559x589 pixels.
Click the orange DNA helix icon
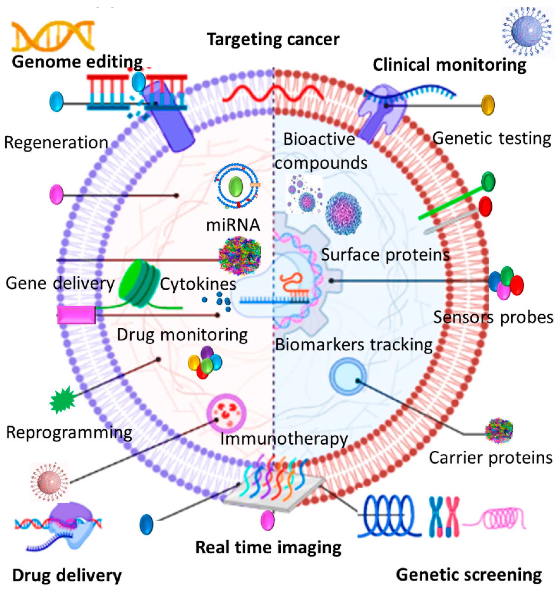click(53, 36)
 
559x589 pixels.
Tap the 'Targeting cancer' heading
click(273, 39)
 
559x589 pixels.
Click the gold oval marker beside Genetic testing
click(488, 105)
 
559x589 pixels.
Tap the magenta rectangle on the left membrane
click(76, 315)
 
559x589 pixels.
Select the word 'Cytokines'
click(198, 284)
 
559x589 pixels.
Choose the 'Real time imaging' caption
click(268, 548)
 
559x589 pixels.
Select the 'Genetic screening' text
click(469, 575)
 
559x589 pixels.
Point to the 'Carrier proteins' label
click(490, 457)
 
